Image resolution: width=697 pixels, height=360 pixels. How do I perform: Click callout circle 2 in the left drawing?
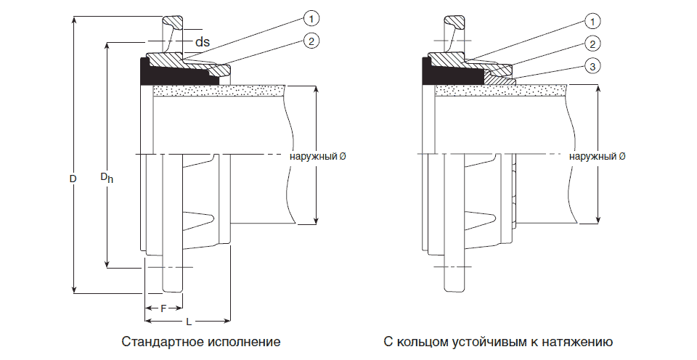point(310,41)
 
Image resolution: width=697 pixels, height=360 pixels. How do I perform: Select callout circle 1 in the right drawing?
point(593,21)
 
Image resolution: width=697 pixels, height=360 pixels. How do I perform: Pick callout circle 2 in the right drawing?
point(593,44)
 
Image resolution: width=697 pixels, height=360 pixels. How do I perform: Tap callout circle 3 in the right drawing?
point(593,67)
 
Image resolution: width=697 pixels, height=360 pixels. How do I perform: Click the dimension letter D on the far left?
point(73,177)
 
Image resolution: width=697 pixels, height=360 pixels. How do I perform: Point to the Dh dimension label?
point(106,177)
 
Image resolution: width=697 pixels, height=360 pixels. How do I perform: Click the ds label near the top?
point(202,43)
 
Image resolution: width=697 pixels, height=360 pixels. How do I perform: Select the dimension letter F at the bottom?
point(163,308)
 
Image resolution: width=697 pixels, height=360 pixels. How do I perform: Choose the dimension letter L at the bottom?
point(188,320)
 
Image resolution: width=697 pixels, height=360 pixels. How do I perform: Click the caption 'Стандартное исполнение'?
point(201,341)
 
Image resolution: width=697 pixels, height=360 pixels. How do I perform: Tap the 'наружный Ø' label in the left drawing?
point(317,156)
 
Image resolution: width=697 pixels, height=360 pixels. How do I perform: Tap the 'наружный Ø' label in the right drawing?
point(598,156)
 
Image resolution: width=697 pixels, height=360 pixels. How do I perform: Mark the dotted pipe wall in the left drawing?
point(218,91)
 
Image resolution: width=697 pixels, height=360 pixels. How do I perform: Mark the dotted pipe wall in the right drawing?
point(501,91)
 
